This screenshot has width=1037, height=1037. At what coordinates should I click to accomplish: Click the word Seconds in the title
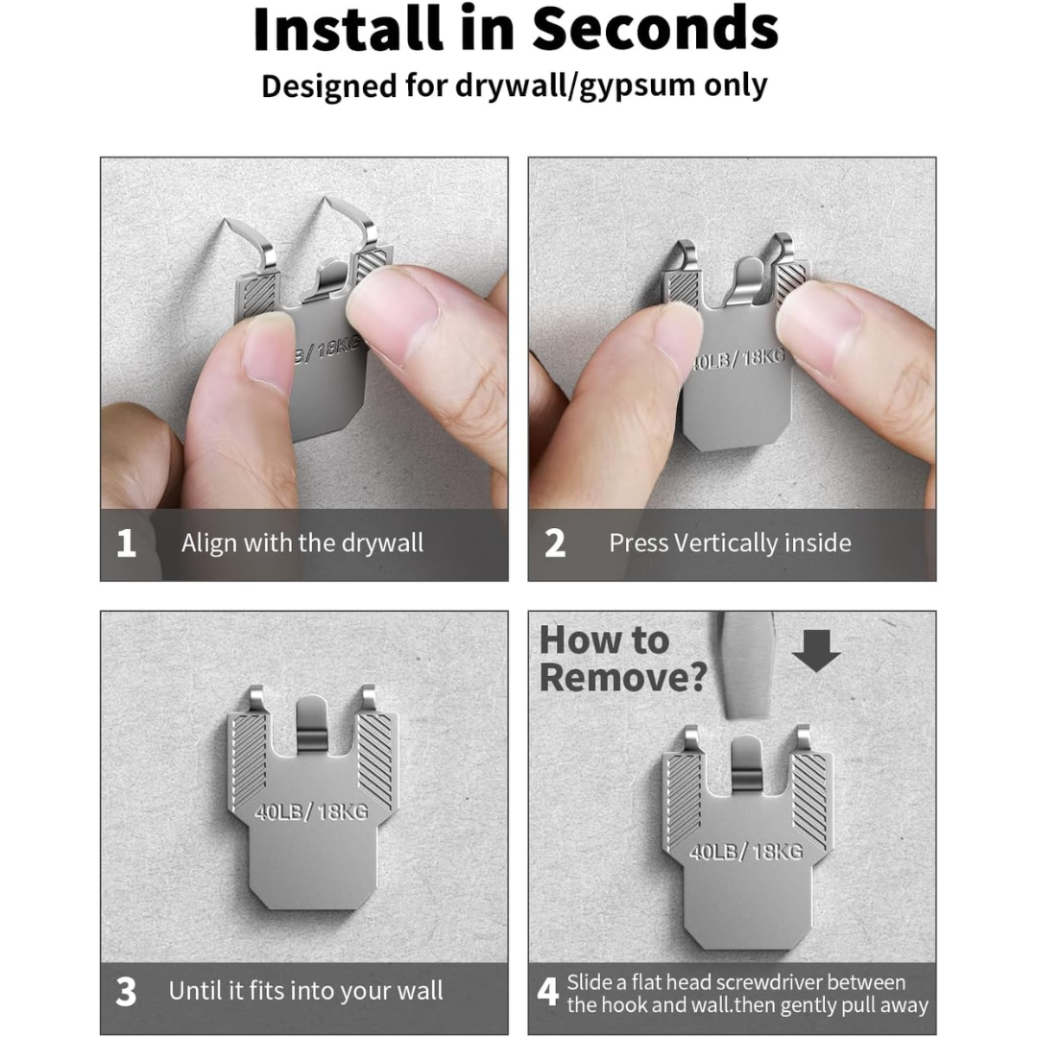point(655,29)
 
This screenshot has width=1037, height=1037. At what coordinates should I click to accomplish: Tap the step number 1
point(126,543)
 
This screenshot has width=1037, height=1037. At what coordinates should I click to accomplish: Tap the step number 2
point(555,543)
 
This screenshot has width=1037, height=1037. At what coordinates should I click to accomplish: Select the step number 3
point(126,992)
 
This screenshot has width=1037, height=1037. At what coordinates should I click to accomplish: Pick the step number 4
point(547,992)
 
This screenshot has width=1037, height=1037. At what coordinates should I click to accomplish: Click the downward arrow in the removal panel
point(816,651)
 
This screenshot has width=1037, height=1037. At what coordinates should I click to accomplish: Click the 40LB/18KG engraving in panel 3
point(311,811)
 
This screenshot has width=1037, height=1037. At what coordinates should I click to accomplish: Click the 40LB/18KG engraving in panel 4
point(746,851)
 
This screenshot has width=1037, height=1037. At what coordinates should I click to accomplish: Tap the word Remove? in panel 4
point(623,678)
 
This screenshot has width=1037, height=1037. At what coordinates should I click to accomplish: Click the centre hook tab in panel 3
point(311,724)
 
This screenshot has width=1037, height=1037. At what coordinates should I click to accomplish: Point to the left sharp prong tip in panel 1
point(225,220)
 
